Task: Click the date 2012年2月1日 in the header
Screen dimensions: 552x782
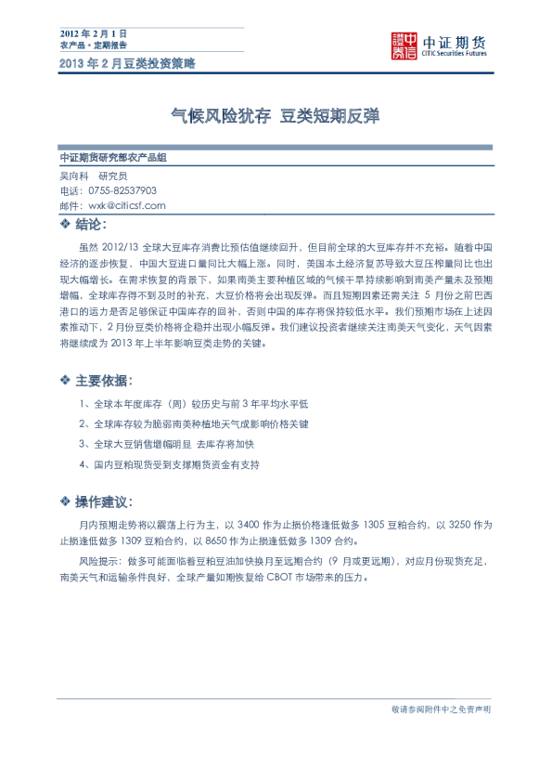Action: click(92, 33)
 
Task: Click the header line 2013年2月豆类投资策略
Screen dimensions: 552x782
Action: click(127, 63)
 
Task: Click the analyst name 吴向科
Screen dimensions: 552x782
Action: click(73, 175)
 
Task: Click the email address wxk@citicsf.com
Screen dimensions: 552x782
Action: click(127, 205)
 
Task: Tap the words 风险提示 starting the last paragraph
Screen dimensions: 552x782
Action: click(97, 563)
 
